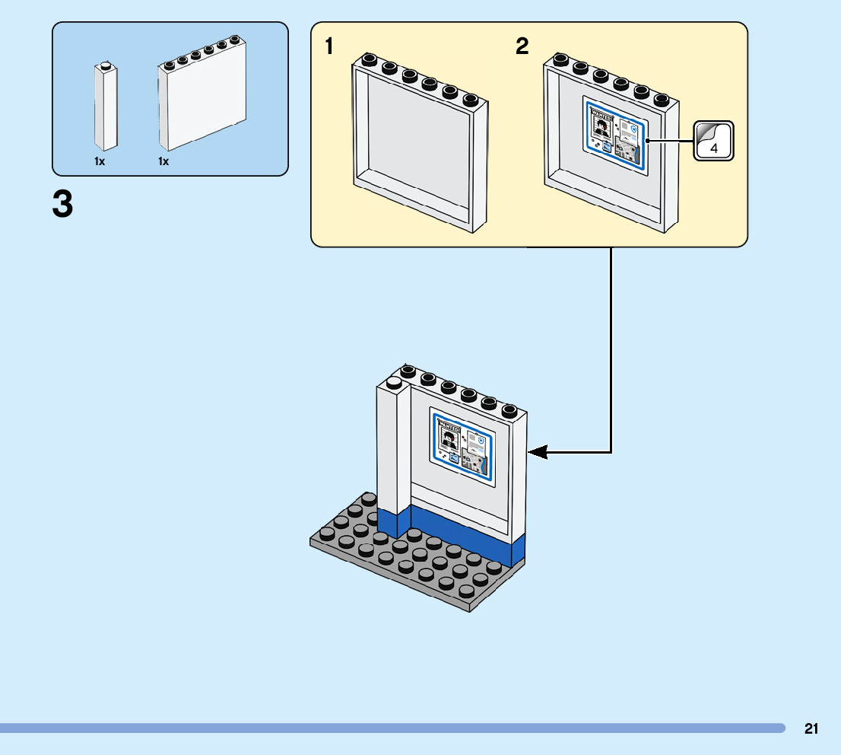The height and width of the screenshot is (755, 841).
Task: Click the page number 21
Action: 811,729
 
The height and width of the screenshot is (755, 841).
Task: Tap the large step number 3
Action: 63,205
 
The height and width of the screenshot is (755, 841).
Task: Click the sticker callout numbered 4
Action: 714,141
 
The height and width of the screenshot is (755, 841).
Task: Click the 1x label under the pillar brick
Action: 100,162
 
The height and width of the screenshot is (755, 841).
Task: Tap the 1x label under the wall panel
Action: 163,162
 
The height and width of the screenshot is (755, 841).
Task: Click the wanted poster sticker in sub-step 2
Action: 614,135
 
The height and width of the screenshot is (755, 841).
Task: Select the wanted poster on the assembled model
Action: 462,447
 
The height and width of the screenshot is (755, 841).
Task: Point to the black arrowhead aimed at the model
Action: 538,452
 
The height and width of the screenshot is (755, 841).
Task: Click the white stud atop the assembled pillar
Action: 394,383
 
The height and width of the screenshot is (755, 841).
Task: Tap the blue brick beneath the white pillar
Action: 393,524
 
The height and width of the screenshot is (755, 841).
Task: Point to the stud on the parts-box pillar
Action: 106,65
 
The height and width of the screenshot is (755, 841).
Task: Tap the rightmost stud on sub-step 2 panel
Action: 662,99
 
